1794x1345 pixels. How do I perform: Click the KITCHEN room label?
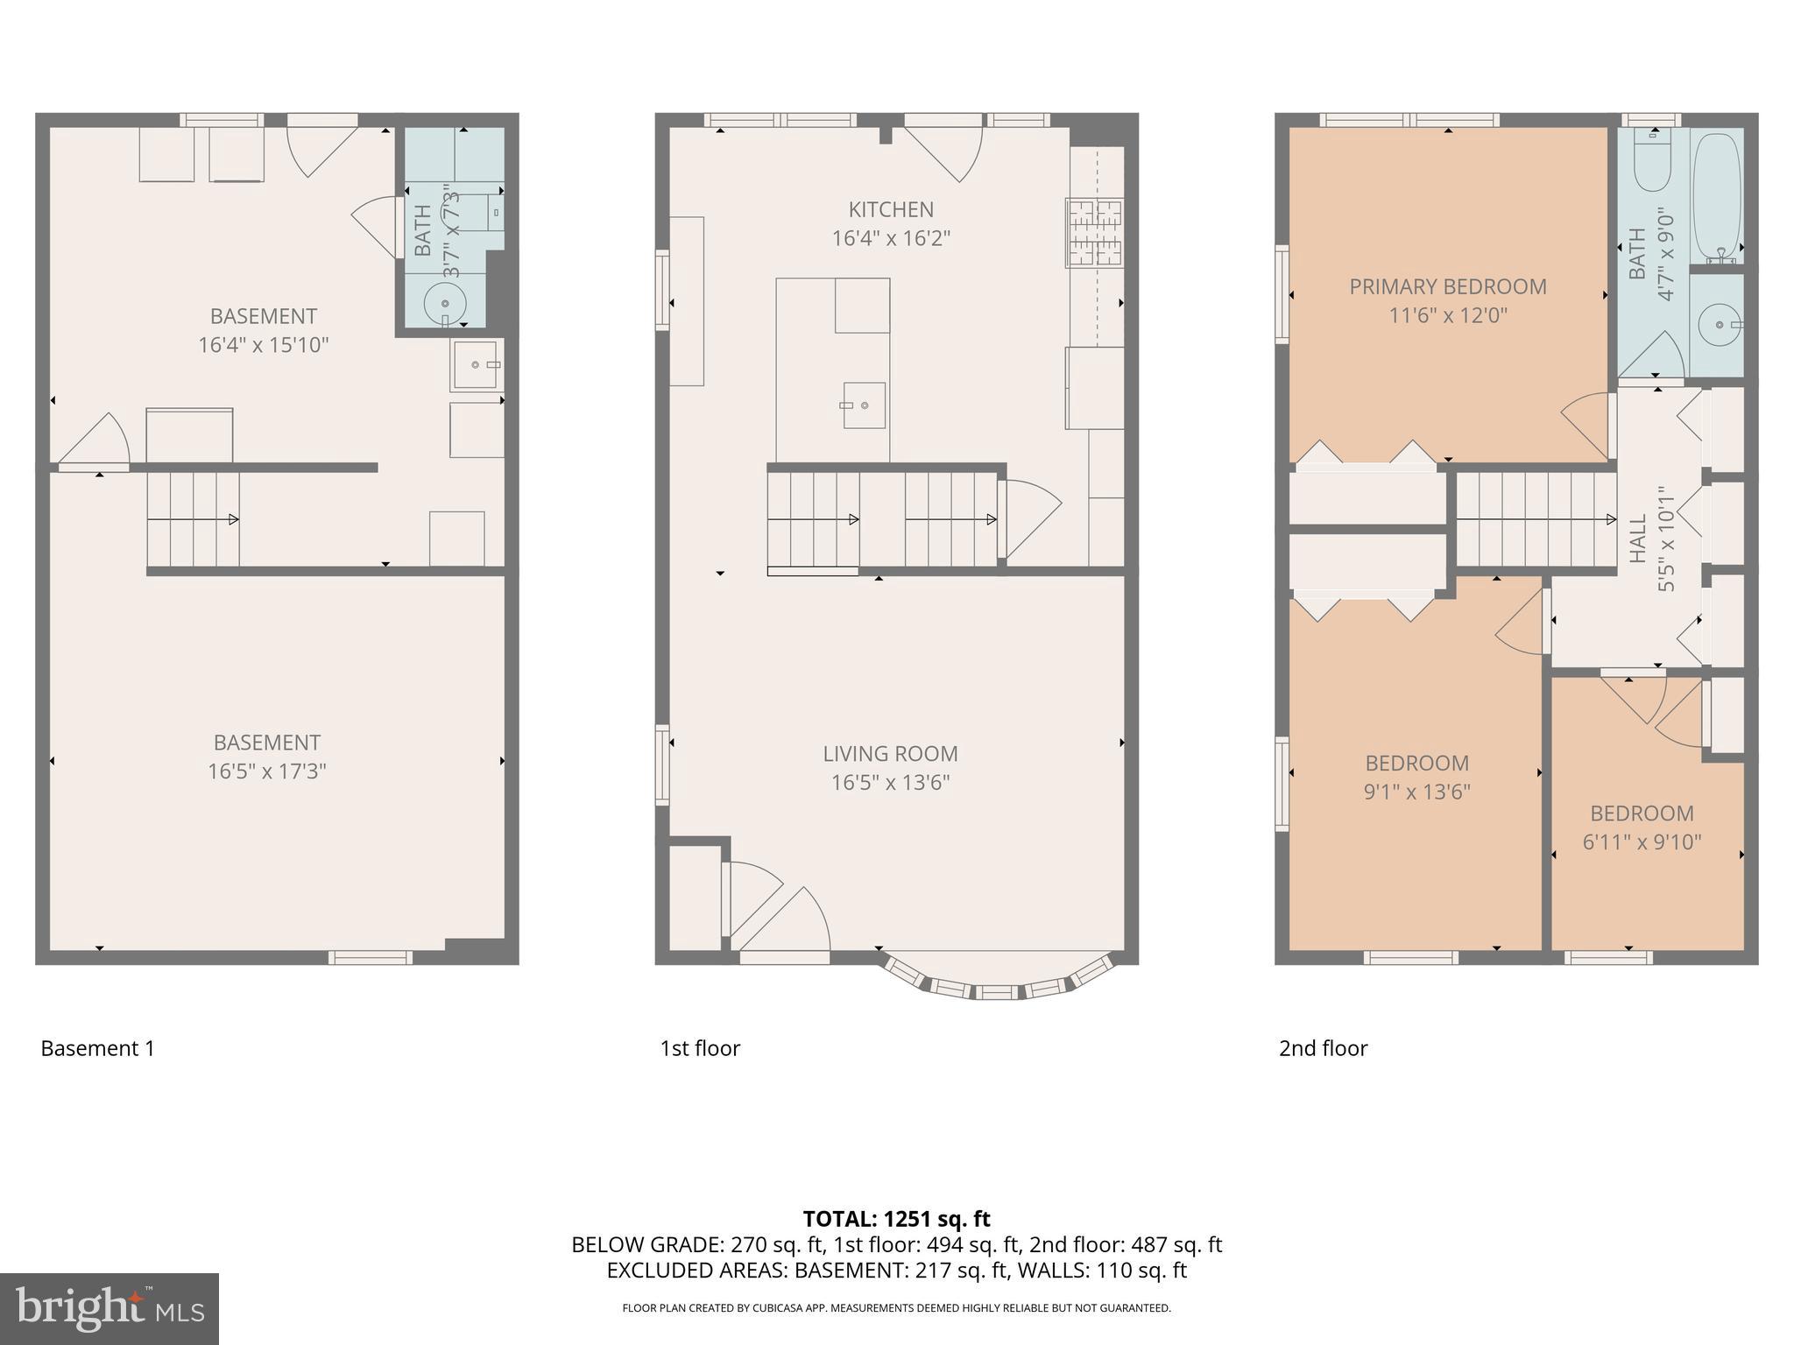[x=891, y=209]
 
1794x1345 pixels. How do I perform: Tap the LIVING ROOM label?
[x=890, y=753]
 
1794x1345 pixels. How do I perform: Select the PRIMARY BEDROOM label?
[x=1447, y=286]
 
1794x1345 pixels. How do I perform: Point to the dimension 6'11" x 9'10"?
[x=1642, y=842]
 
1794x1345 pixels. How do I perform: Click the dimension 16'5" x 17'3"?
[x=266, y=771]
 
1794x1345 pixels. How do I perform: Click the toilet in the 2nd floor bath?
[x=1654, y=162]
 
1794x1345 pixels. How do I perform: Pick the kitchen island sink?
[x=863, y=405]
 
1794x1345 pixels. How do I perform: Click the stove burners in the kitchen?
[x=1095, y=233]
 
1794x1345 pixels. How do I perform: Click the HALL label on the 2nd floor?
[x=1637, y=539]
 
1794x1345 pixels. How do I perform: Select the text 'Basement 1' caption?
[x=97, y=1048]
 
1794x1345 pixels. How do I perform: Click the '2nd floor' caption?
[x=1323, y=1048]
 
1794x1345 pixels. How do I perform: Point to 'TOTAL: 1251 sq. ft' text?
[x=896, y=1219]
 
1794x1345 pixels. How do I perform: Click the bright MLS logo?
[x=109, y=1308]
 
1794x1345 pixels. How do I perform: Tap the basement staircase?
[x=193, y=519]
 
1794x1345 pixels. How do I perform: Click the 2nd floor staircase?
[x=1536, y=519]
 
